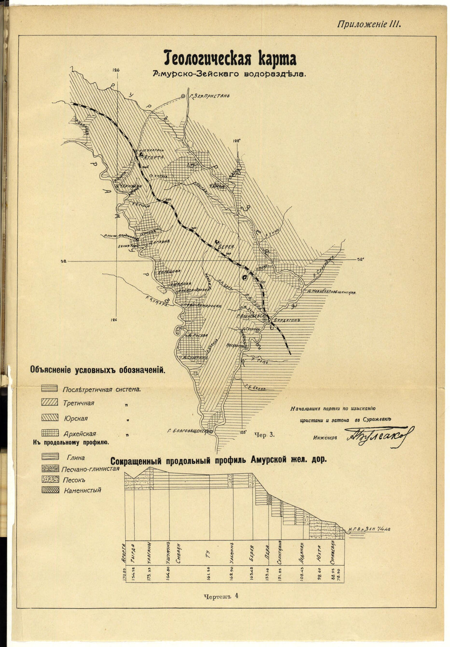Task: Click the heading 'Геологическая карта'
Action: pos(230,59)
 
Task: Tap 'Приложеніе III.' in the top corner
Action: pos(368,24)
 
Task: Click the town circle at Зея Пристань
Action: pos(183,96)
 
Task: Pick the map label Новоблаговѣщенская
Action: pos(333,292)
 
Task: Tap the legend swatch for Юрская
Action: pos(49,418)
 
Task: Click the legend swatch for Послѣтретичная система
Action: pos(49,388)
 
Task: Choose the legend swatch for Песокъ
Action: pos(49,479)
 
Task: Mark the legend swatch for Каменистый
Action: pos(49,489)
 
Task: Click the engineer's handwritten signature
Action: pos(379,436)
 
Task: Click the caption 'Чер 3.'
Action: pos(264,434)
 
